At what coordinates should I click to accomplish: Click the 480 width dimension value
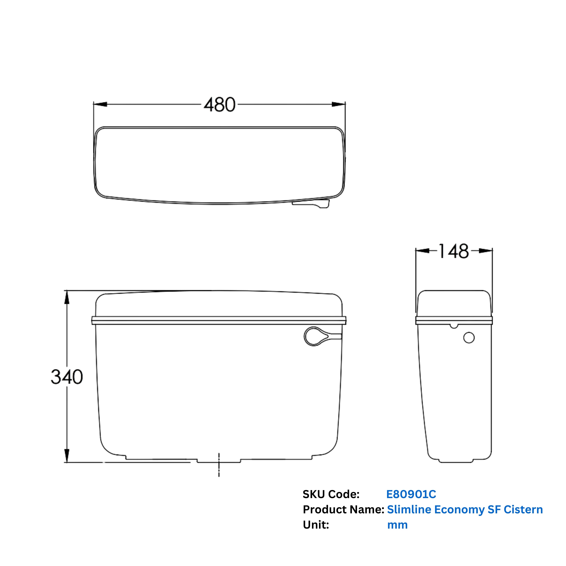[x=219, y=105]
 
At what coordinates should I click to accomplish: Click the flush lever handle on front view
[x=319, y=336]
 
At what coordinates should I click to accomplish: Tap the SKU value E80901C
[x=411, y=494]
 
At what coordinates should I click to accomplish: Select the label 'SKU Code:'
[x=331, y=494]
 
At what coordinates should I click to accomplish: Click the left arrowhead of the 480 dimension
[x=100, y=104]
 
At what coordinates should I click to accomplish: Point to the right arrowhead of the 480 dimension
[x=339, y=104]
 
